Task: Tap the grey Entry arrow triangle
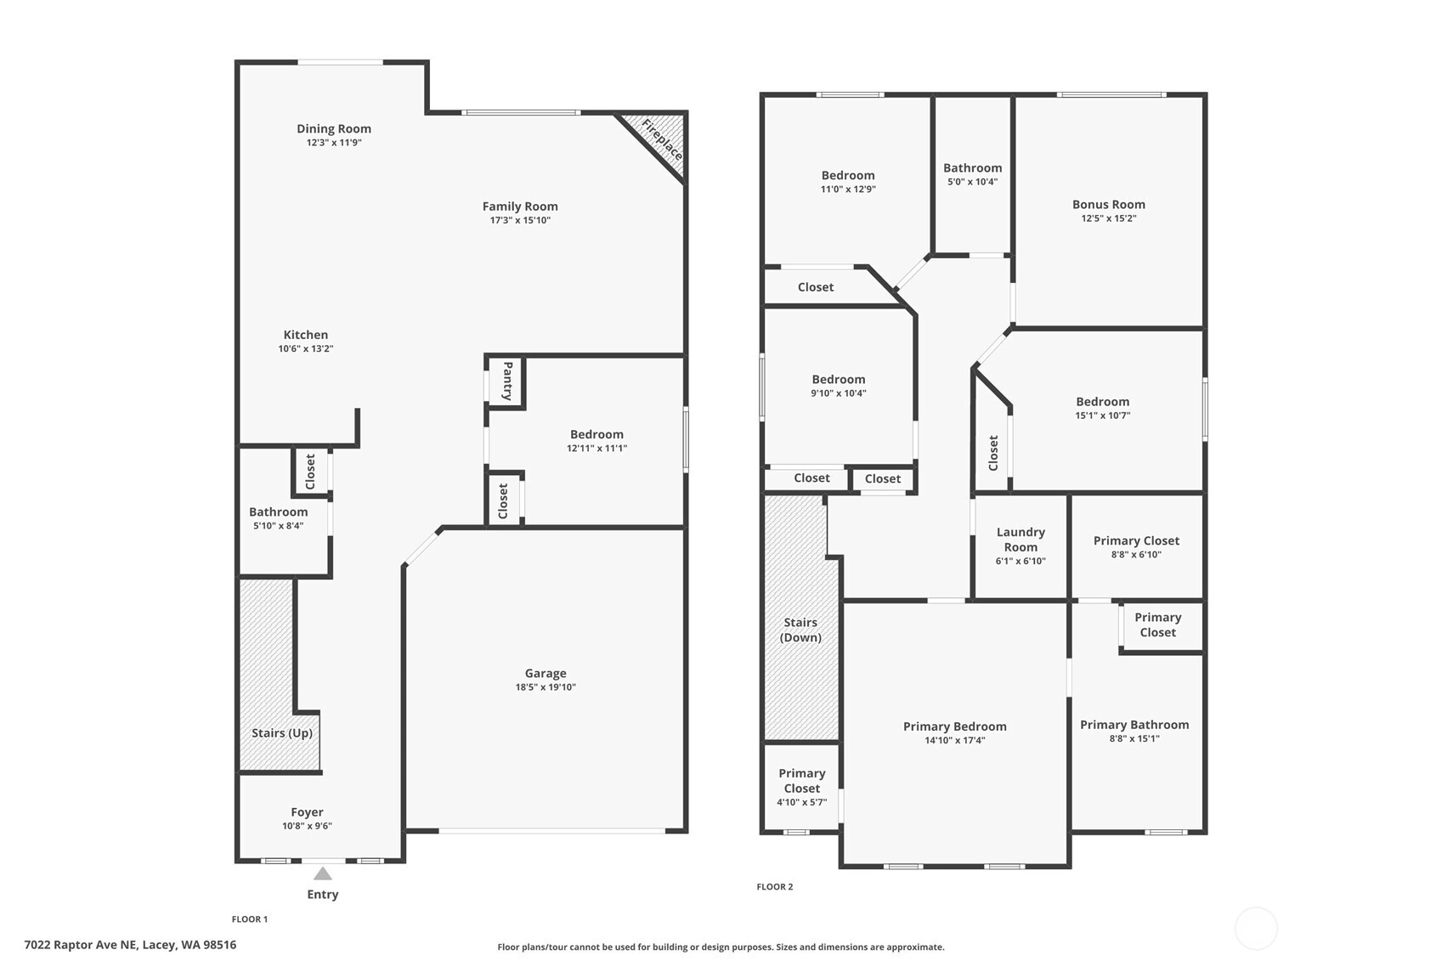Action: (x=323, y=873)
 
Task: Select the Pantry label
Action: (x=507, y=381)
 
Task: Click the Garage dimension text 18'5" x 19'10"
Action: (x=546, y=687)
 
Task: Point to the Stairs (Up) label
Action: (x=282, y=733)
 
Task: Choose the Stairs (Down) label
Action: (x=800, y=630)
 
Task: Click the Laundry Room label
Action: (x=1021, y=540)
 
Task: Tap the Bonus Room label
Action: (x=1109, y=205)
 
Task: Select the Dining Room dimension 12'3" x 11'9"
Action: (x=334, y=142)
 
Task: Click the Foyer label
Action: (x=307, y=812)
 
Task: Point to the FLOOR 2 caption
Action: (x=774, y=887)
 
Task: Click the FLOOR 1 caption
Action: (x=250, y=919)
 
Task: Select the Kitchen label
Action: (x=306, y=335)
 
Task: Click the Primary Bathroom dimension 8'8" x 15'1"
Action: (x=1134, y=739)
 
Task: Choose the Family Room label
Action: (x=520, y=206)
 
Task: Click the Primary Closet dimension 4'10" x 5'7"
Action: (x=802, y=803)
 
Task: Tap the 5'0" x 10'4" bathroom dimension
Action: (x=973, y=182)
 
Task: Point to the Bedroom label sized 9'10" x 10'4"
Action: (x=839, y=380)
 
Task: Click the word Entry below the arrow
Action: (x=323, y=895)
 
